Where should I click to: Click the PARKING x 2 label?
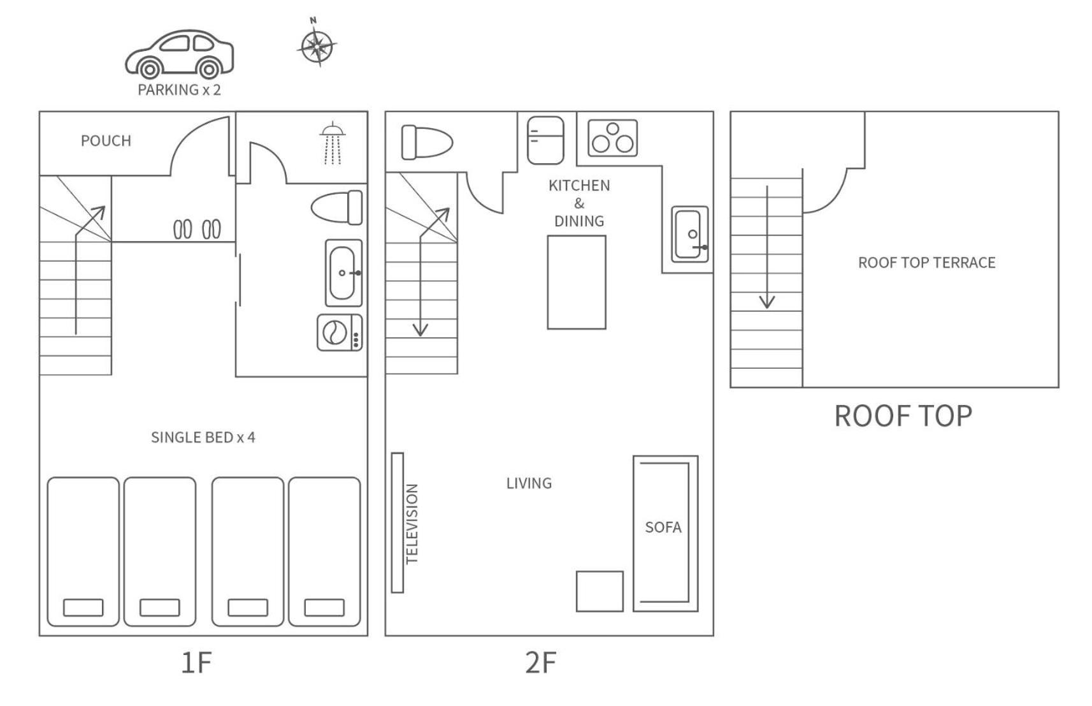[x=180, y=90]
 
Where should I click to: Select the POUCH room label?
[x=106, y=141]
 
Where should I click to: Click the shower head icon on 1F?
[x=333, y=143]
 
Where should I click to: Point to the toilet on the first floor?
[x=337, y=208]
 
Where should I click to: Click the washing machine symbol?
[x=340, y=333]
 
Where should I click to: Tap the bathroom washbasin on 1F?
[x=343, y=273]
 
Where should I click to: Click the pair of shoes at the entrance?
[x=197, y=230]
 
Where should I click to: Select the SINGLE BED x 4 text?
[x=203, y=438]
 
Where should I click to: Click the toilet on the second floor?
[x=427, y=142]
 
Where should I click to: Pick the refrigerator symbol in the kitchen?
[x=545, y=140]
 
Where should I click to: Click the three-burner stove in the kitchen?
[x=613, y=138]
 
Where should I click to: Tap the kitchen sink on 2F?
[x=690, y=234]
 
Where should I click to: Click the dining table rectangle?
[x=577, y=283]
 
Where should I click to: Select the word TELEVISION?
[x=412, y=524]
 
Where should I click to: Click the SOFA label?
[x=663, y=527]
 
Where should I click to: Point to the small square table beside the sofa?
[x=600, y=591]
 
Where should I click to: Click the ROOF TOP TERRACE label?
[x=927, y=263]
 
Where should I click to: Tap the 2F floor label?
[x=541, y=663]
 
